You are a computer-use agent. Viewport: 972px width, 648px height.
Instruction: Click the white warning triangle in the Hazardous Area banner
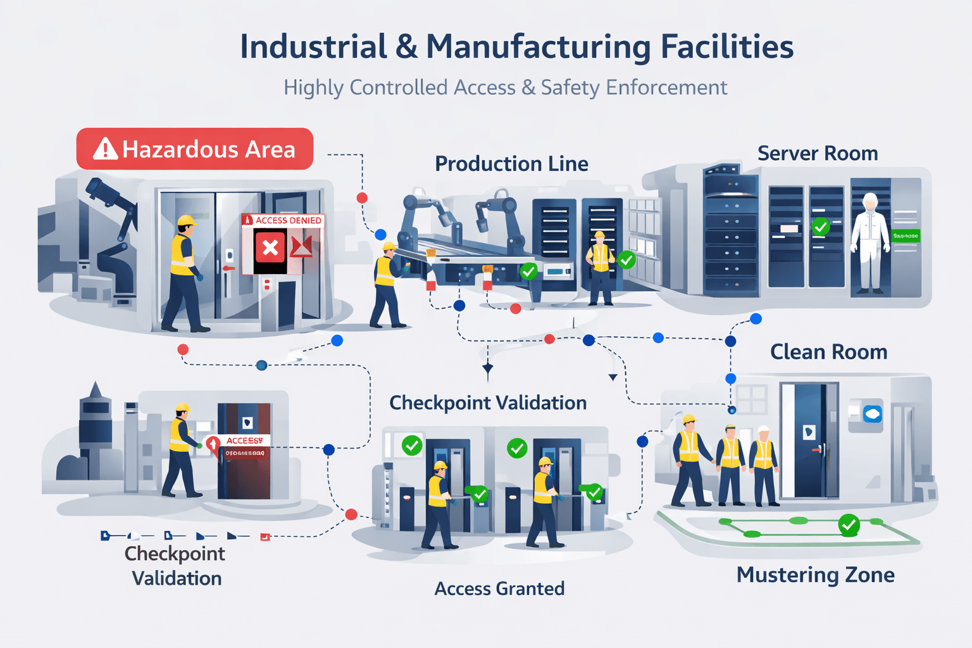105,149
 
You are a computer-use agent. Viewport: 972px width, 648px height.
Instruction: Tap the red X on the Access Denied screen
270,247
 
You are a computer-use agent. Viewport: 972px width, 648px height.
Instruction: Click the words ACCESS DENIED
288,220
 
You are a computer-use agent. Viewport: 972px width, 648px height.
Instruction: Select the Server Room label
817,153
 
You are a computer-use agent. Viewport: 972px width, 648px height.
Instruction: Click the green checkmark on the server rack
821,226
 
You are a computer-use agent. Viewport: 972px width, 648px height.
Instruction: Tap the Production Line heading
511,164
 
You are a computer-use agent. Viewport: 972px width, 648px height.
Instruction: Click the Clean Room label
828,352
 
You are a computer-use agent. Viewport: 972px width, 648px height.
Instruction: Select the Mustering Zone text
815,575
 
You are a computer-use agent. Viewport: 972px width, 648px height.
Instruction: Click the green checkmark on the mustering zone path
849,525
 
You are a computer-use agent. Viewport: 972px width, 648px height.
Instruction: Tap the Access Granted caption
499,589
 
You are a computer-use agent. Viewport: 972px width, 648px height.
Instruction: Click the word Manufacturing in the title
537,47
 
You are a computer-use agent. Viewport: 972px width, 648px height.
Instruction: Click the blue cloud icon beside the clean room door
873,414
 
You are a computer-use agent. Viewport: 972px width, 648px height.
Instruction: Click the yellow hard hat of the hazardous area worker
186,221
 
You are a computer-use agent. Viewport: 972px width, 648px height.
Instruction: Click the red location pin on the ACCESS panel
213,444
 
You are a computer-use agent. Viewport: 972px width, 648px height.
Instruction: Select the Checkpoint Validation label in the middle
487,402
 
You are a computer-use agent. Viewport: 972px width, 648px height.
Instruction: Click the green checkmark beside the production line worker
626,259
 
